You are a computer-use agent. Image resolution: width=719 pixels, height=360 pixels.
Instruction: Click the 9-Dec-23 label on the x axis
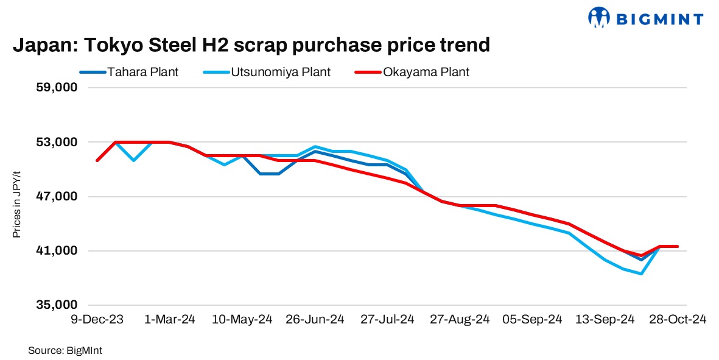coord(97,319)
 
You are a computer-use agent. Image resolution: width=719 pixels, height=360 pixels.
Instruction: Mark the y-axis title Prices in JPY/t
coord(18,204)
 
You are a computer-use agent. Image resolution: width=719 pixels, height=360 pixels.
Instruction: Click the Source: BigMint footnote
coord(59,350)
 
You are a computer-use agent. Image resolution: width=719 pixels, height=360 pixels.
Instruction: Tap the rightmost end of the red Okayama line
coord(678,246)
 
